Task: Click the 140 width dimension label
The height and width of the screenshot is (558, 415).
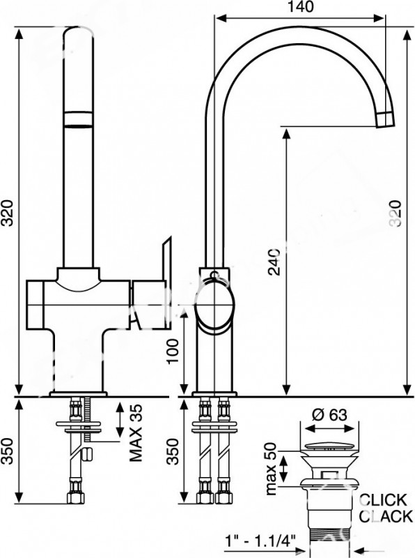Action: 300,7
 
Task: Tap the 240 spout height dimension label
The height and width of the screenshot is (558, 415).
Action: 274,262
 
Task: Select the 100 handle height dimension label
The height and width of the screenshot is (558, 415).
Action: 173,352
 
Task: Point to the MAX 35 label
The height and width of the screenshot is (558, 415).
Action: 135,432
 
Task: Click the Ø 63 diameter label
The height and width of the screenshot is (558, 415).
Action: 329,414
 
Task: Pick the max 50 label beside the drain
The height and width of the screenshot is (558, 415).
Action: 271,469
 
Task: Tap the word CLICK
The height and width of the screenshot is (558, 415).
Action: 382,500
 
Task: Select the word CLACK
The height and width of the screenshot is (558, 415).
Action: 385,516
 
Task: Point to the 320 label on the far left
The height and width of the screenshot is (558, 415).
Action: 8,213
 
